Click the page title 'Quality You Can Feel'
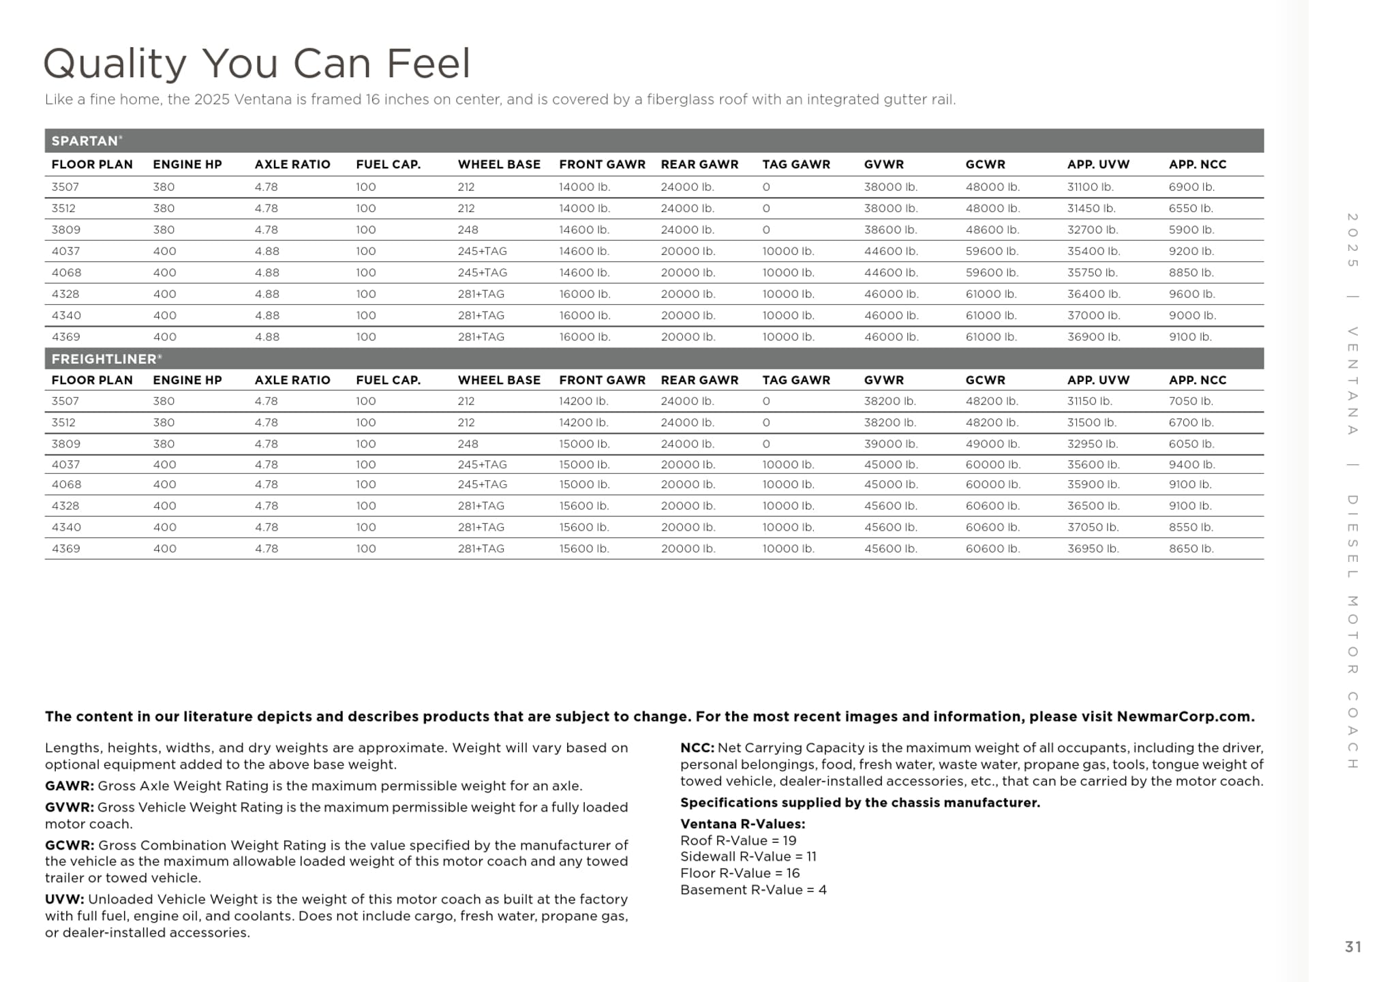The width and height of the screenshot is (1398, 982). coord(257,63)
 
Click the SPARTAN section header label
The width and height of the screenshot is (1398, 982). coord(85,141)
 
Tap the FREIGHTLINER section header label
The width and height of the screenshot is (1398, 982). coord(105,359)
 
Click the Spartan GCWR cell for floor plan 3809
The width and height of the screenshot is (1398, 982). coord(992,230)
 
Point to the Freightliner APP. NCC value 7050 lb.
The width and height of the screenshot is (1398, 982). coord(1191,401)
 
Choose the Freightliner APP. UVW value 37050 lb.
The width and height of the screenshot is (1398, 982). coord(1093,527)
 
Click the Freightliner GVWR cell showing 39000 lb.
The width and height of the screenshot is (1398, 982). coord(890,444)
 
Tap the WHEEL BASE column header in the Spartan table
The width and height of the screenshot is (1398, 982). coord(499,164)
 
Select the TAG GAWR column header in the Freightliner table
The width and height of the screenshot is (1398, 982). coord(796,380)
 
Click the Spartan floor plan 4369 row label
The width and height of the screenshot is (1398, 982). coord(65,337)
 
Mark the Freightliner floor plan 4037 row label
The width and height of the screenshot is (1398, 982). coord(65,464)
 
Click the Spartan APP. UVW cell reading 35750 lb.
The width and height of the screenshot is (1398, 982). coord(1092,273)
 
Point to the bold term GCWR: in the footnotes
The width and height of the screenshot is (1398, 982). coord(70,845)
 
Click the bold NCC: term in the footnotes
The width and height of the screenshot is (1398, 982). coord(697,747)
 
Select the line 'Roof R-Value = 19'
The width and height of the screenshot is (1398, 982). coord(738,840)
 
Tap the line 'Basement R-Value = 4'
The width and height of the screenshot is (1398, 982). coord(753,889)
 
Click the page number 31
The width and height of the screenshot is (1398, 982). coord(1353,947)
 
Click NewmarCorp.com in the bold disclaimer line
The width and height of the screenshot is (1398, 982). coord(1185,717)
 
